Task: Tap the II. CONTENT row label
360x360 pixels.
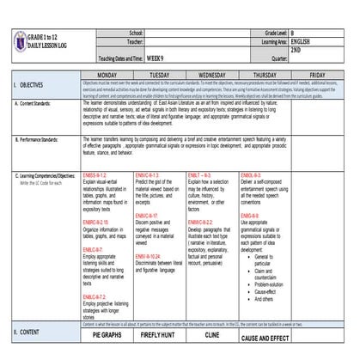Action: pyautogui.click(x=30, y=330)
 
